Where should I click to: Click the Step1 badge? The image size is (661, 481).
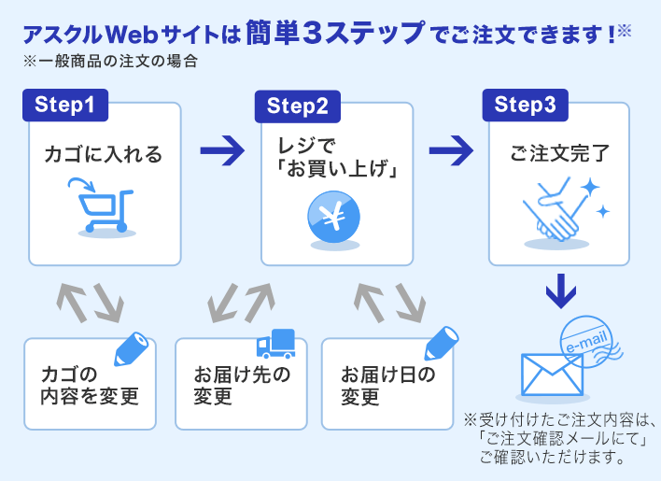[64, 105]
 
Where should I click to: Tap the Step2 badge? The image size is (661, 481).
[297, 106]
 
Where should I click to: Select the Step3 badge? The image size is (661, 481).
[525, 105]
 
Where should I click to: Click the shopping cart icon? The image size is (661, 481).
[102, 207]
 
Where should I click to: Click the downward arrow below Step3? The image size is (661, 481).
[560, 291]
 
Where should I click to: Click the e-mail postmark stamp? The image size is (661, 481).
[590, 344]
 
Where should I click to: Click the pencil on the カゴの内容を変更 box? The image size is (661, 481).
[131, 348]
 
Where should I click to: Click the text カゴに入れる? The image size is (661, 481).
[103, 154]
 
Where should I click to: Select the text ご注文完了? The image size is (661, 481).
[559, 152]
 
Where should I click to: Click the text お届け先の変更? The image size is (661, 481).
[242, 386]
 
